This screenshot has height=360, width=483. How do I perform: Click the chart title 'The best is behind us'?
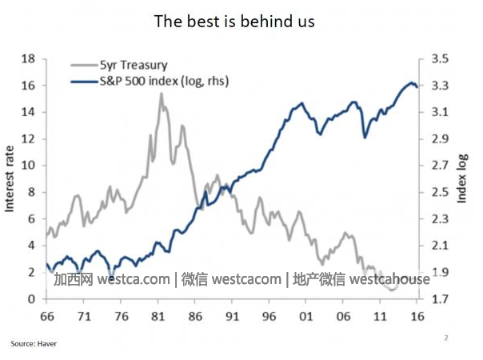(x=234, y=22)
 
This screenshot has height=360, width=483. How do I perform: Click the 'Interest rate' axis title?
(x=10, y=178)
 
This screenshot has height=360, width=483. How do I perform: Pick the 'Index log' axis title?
(x=461, y=178)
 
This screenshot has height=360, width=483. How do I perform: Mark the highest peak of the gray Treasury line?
(x=162, y=94)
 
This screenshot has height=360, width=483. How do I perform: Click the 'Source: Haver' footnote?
(x=34, y=344)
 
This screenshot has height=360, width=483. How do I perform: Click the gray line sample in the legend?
(x=83, y=66)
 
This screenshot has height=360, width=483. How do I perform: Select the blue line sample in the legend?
(x=83, y=82)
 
